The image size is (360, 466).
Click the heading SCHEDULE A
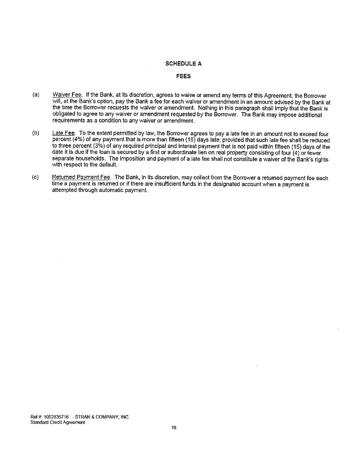[183, 63]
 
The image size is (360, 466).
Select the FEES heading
[183, 76]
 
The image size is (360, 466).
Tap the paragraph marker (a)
[36, 95]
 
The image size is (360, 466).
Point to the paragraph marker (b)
[36, 133]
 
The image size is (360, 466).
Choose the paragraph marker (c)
[36, 178]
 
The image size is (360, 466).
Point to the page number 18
[174, 428]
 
